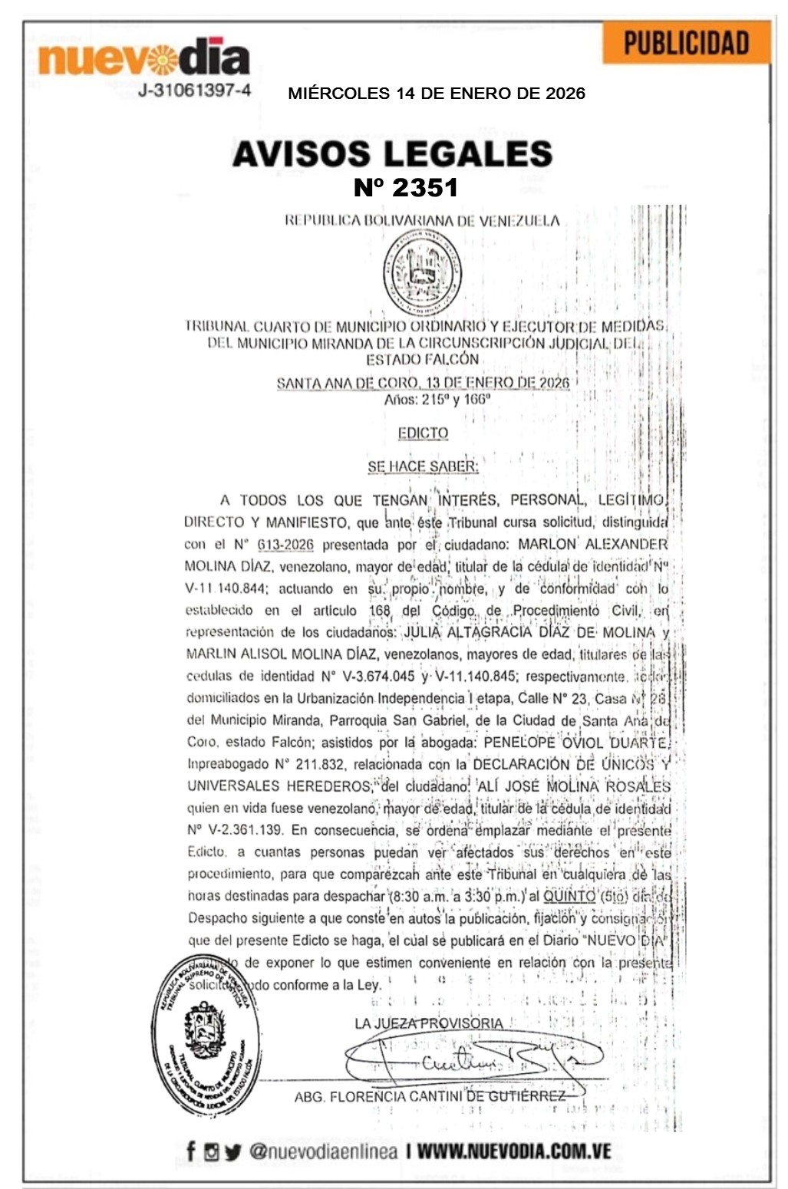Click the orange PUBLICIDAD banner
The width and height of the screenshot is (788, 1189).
point(685,43)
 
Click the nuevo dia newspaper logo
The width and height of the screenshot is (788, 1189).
point(143,58)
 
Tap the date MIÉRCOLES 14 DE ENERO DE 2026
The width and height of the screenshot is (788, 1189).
point(436,94)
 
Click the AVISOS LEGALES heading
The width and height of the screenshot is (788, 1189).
point(392,153)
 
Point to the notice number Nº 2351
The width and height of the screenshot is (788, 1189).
point(405,187)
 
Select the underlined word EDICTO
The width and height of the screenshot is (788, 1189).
point(423,433)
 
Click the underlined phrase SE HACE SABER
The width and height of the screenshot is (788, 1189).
point(423,466)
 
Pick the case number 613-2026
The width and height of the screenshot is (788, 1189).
point(285,545)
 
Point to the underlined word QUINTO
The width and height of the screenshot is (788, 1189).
point(569,895)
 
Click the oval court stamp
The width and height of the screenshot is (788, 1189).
point(206,1036)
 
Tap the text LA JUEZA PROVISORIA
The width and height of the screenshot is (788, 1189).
point(429,1023)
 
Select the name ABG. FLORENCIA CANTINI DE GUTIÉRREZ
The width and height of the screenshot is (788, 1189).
point(430,1096)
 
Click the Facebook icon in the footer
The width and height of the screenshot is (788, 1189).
point(191,1151)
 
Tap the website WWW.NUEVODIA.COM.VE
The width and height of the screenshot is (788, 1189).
point(514,1151)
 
